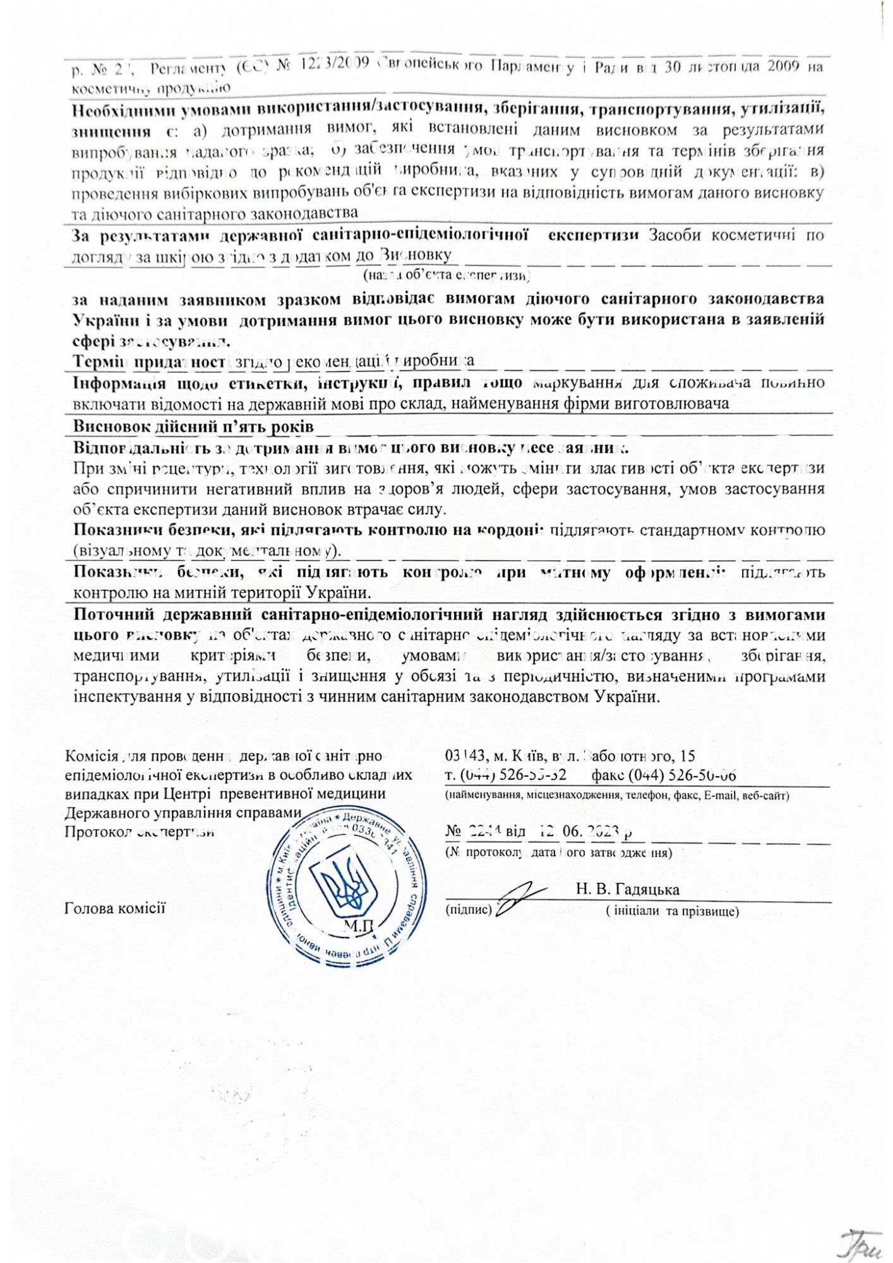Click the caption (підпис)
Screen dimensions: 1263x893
tap(469, 910)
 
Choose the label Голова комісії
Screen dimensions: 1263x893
tap(114, 908)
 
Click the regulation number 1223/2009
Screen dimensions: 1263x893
tap(335, 66)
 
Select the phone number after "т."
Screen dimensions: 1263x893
tap(513, 775)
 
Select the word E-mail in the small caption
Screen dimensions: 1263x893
tap(721, 795)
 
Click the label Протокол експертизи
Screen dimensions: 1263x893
tap(139, 832)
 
